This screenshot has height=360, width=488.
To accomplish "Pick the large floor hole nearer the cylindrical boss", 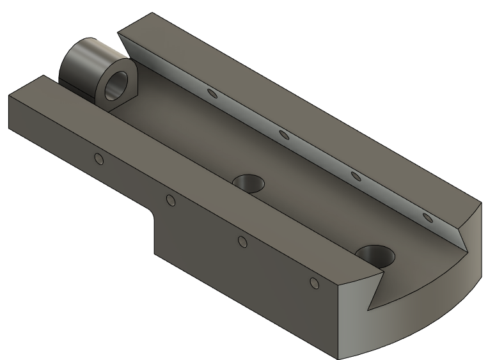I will [249, 184].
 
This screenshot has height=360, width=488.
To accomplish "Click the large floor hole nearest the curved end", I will [376, 256].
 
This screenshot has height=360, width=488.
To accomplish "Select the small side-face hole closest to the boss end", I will [98, 159].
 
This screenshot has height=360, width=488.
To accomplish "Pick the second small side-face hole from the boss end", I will [171, 201].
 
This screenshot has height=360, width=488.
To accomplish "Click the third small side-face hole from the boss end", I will [242, 241].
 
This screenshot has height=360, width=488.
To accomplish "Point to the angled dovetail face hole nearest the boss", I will [213, 95].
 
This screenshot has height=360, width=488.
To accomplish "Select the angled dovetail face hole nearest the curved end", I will [429, 219].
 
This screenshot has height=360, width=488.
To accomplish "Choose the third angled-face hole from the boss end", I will [356, 176].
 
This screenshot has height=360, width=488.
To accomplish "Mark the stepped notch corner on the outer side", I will [153, 221].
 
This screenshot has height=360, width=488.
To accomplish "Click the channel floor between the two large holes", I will [307, 217].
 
